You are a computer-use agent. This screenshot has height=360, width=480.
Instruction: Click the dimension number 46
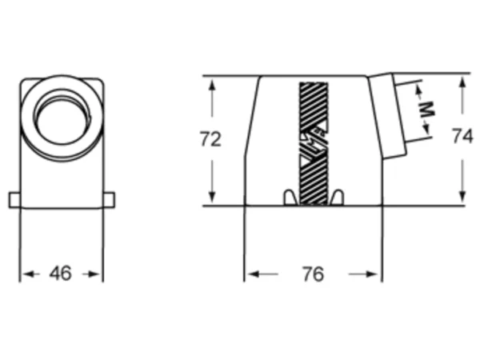point(61,274)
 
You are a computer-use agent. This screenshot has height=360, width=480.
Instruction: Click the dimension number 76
point(313,274)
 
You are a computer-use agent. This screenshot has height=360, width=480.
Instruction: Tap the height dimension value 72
point(210,139)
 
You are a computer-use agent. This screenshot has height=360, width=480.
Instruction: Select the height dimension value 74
point(462,136)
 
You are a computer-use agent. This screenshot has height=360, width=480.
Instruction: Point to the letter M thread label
point(426,110)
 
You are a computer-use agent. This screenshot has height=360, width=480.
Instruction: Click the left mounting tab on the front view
point(14,201)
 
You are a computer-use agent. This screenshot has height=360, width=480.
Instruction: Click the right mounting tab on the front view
point(109,201)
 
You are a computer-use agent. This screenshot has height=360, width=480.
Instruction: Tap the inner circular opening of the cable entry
point(63,122)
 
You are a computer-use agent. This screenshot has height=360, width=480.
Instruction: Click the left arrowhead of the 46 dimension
point(26,274)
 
